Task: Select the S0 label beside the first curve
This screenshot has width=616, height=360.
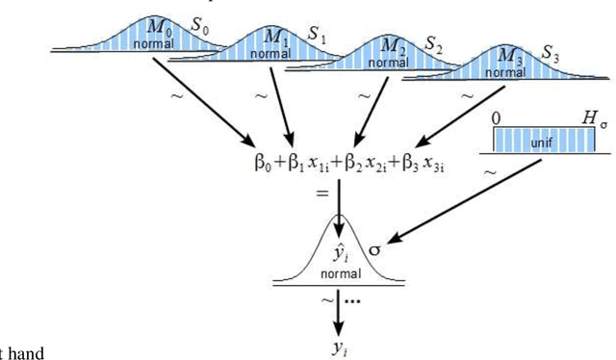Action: point(200,23)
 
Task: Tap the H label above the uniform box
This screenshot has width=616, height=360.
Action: point(588,116)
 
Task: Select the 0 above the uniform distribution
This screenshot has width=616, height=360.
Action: point(496,117)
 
